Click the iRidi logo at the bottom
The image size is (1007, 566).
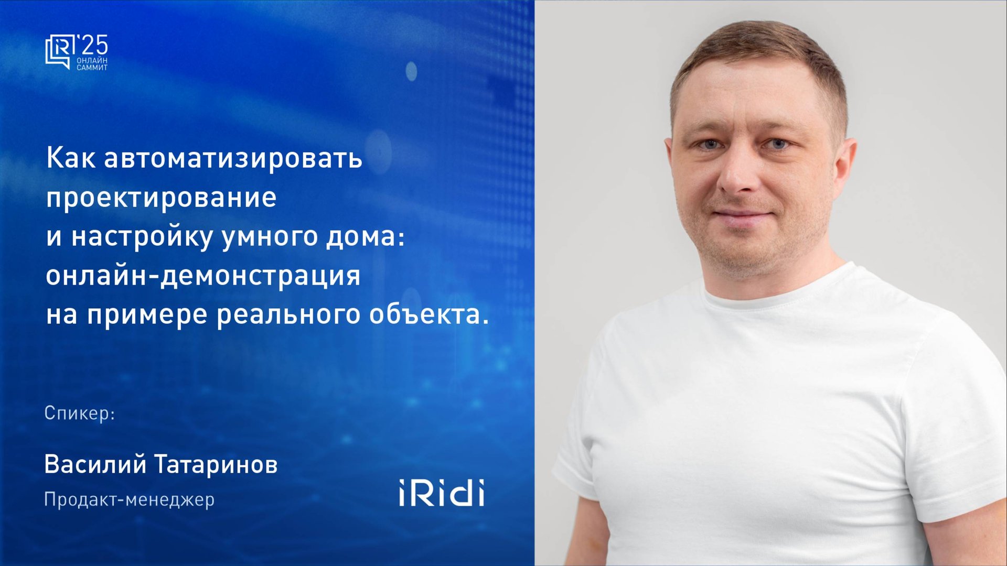coord(441,493)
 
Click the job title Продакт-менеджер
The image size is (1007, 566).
coord(129,499)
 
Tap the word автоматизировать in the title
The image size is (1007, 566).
coord(233,158)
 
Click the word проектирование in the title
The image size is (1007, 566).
coord(161,198)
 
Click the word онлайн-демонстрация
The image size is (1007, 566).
coord(203,276)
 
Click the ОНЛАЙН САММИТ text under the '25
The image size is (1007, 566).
coord(92,64)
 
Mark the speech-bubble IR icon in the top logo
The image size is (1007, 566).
coord(59,51)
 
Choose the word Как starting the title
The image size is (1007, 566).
coord(71,158)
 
